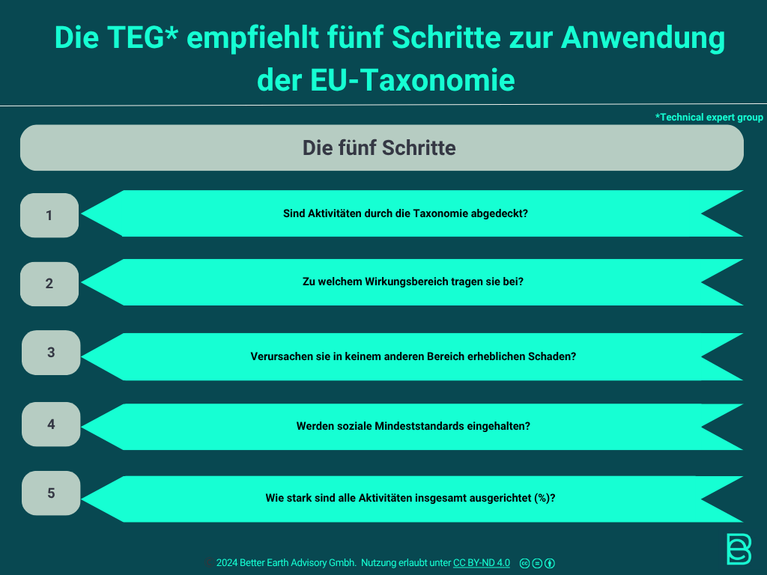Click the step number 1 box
coord(49,215)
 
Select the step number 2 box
coord(49,284)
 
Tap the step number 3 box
coord(51,353)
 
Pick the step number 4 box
coord(51,424)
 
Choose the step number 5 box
coord(51,493)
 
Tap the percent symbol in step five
coord(542,498)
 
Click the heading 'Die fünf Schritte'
coord(379,147)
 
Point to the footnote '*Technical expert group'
coord(709,118)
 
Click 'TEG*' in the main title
coord(142,37)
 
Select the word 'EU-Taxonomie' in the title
coord(413,80)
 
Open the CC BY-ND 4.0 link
coord(482,563)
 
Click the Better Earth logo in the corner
coord(739,549)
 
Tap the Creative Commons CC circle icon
coord(524,563)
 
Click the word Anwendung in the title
coord(643,37)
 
